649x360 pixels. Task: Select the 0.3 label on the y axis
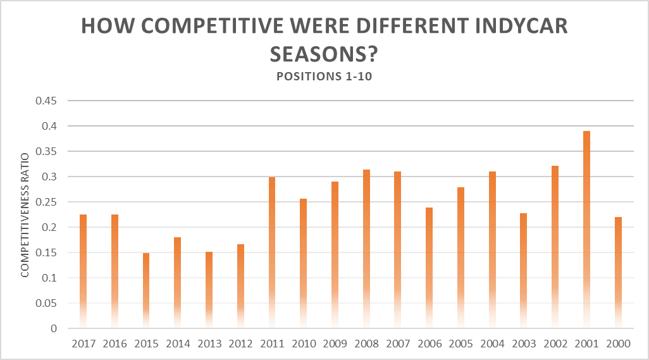[x=50, y=177]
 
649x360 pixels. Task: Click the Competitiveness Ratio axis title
[x=25, y=214]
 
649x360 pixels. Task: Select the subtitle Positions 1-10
[x=324, y=77]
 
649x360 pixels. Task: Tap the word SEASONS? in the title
[x=324, y=54]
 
